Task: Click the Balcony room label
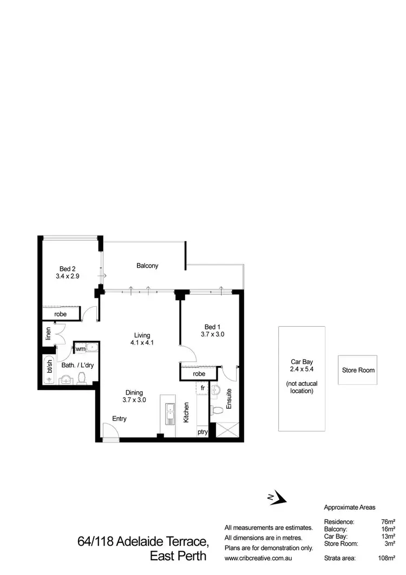(147, 266)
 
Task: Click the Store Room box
(358, 370)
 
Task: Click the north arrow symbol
(277, 497)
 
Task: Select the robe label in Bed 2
(61, 314)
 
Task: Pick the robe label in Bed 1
(198, 373)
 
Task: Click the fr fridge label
(202, 389)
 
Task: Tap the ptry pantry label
(202, 432)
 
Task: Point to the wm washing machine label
(80, 348)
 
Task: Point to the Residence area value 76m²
(388, 521)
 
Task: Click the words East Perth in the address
(179, 557)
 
